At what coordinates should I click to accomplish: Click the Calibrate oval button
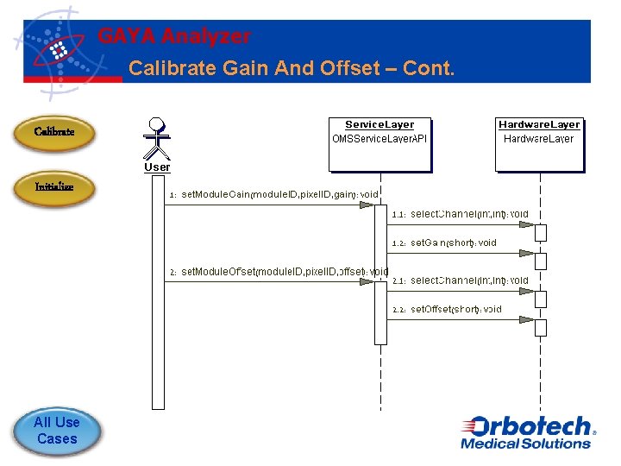point(53,133)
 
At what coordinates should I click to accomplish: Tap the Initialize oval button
point(53,187)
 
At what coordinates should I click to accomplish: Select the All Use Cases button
point(56,431)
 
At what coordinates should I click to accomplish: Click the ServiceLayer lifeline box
point(379,143)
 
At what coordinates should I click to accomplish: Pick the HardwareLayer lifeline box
point(539,143)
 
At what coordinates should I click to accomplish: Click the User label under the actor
point(157,167)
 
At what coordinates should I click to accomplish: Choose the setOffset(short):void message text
point(455,309)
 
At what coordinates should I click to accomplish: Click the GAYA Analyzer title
point(174,36)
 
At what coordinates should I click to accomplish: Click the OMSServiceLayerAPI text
point(379,139)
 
